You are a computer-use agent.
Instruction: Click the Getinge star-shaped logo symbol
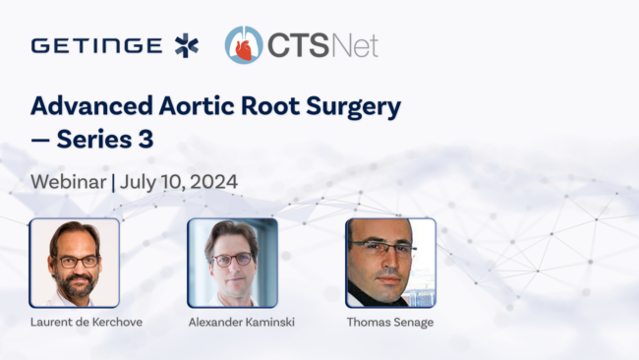[187, 45]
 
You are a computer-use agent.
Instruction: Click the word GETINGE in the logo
[96, 45]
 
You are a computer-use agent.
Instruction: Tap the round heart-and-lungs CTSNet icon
[244, 45]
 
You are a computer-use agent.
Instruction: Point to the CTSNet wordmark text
[322, 45]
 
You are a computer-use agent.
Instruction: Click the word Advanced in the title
[91, 106]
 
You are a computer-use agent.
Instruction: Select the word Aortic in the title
[197, 106]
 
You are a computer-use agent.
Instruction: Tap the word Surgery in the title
[353, 107]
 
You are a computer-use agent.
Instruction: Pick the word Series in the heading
[94, 140]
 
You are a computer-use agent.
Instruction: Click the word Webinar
[69, 182]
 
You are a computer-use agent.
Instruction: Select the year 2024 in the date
[213, 182]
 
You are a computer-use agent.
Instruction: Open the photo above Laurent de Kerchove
[74, 263]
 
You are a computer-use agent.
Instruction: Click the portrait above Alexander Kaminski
[232, 263]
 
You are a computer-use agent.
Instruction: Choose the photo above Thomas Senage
[390, 263]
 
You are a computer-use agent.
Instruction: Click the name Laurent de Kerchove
[87, 322]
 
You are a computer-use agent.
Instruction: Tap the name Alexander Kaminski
[242, 322]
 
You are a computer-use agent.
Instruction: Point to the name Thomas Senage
[390, 323]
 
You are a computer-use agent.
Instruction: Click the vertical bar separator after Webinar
[113, 182]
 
